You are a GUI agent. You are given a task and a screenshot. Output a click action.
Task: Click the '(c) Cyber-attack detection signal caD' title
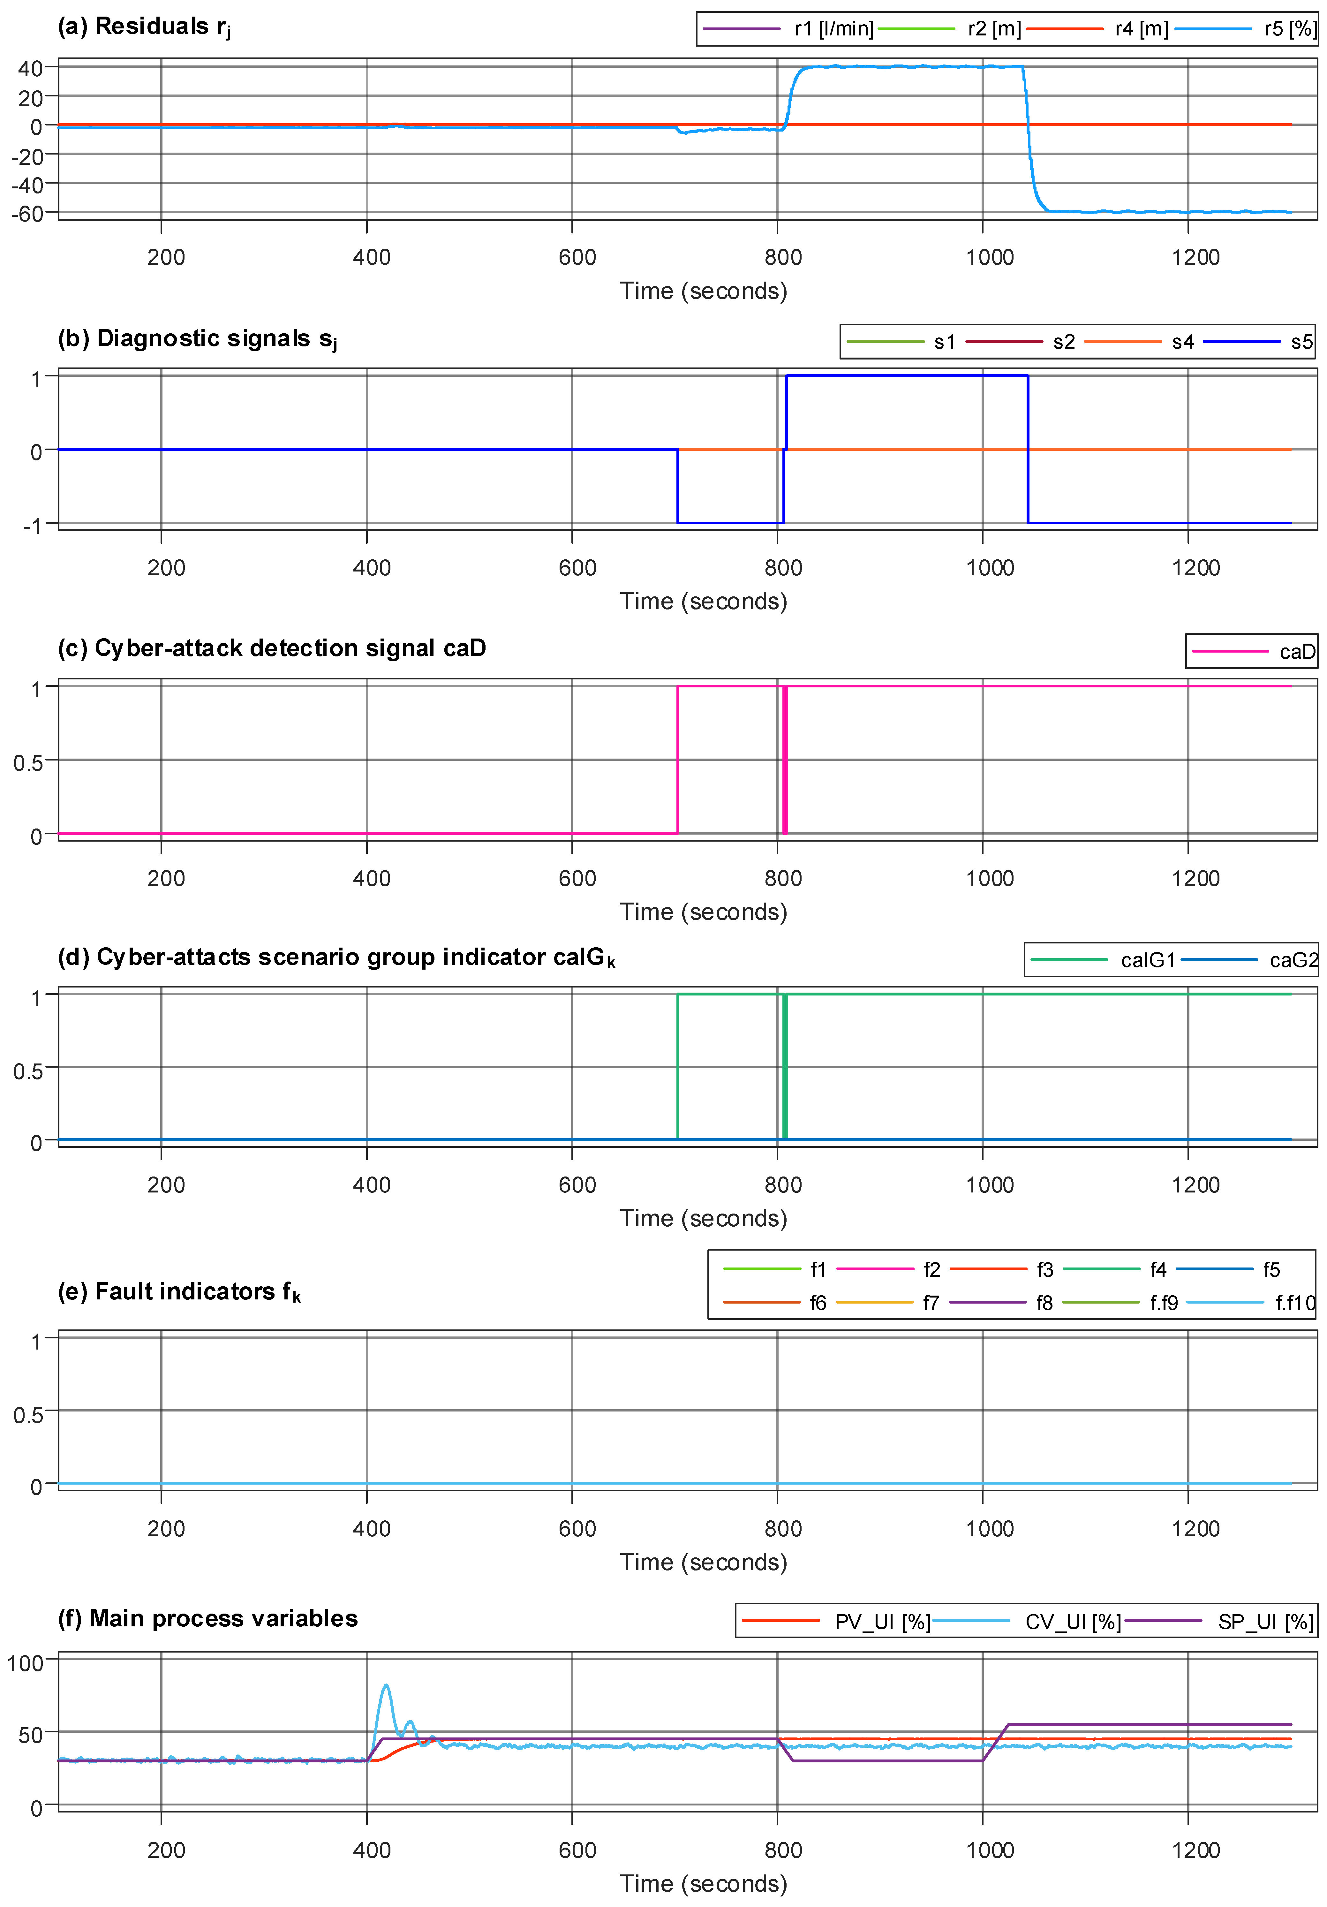coord(272,648)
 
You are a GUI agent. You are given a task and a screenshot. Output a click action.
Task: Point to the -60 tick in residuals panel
coord(27,214)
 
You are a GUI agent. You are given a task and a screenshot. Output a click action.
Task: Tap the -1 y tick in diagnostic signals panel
coord(32,525)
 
